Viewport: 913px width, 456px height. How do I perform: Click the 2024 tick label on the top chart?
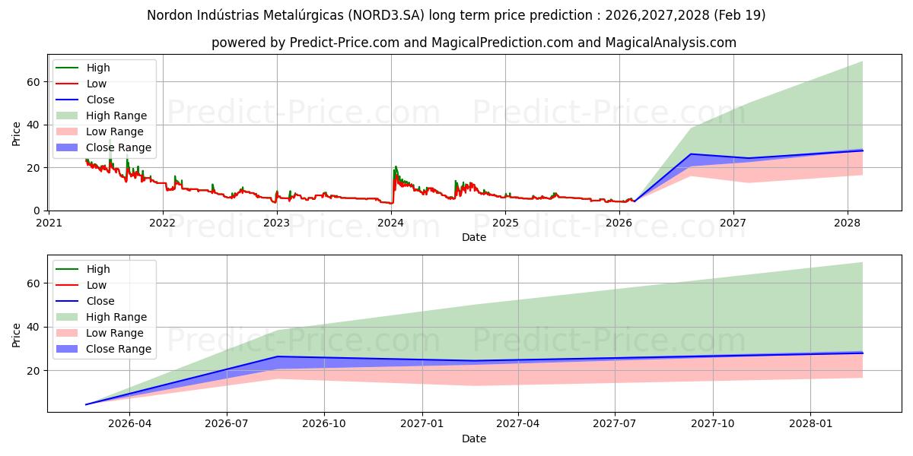click(x=391, y=223)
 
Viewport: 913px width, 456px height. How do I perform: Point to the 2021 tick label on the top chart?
click(x=49, y=223)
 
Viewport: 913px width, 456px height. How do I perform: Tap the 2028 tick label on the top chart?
click(x=848, y=223)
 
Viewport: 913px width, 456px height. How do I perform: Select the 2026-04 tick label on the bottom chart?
click(x=130, y=424)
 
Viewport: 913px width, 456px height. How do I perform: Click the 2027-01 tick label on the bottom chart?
click(x=422, y=424)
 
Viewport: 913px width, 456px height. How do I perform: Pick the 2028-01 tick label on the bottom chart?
click(x=810, y=424)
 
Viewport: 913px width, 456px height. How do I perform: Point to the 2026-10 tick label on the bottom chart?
click(x=324, y=424)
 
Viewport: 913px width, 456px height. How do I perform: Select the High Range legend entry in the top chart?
click(x=116, y=116)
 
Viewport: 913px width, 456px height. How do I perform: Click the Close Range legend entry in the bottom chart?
click(x=119, y=349)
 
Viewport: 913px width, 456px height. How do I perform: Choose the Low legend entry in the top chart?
click(x=97, y=84)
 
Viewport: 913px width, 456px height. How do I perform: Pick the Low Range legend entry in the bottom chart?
click(x=115, y=333)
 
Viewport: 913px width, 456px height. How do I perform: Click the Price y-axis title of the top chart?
click(x=17, y=133)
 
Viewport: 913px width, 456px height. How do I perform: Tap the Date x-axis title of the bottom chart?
click(x=474, y=439)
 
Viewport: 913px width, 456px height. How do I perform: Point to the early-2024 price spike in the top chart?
click(x=395, y=168)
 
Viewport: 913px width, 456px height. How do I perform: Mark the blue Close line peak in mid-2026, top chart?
click(x=690, y=154)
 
